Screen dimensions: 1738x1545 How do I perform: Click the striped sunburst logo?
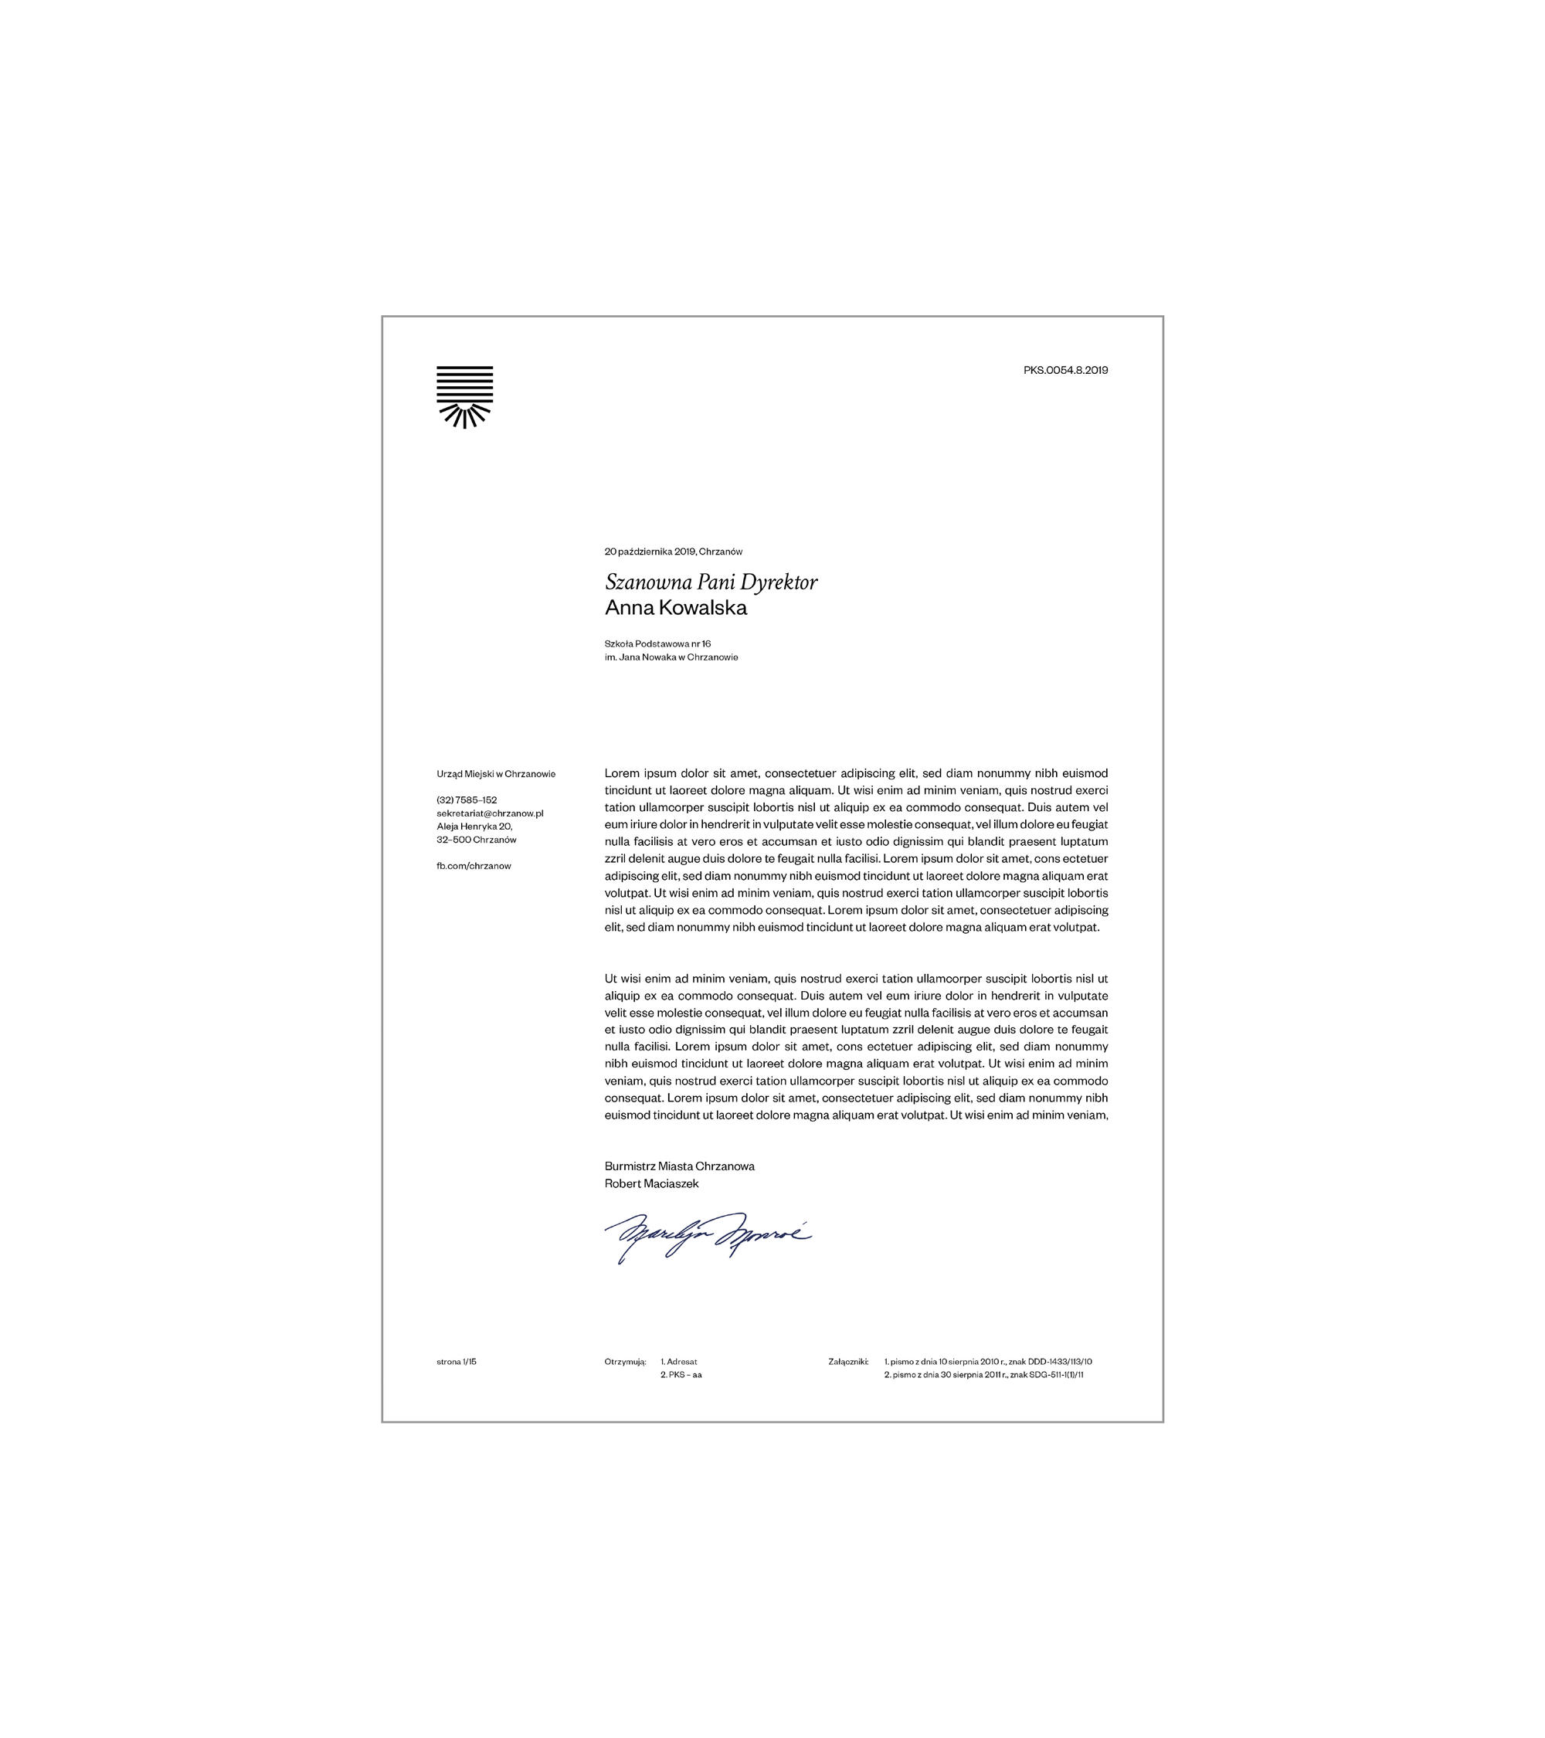tap(464, 396)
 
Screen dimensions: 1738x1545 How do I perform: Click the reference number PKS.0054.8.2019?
tap(1065, 370)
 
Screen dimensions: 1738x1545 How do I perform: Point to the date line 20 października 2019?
tap(673, 552)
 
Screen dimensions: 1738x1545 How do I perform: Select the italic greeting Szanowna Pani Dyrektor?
tap(711, 582)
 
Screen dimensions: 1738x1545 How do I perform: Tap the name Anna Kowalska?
tap(675, 608)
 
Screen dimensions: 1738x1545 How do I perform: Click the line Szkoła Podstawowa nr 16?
tap(657, 643)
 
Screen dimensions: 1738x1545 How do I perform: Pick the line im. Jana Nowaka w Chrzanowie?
tap(671, 657)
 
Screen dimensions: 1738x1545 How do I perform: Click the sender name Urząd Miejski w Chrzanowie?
tap(496, 774)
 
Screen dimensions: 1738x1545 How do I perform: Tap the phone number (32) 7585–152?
tap(467, 800)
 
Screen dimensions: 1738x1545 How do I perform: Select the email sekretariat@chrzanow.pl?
tap(490, 813)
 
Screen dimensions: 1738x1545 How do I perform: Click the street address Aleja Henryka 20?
tap(474, 827)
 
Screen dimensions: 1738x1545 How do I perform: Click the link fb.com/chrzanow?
tap(474, 866)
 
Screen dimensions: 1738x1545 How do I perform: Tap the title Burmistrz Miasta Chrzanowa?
tap(679, 1166)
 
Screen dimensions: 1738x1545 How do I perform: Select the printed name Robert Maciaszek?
tap(651, 1183)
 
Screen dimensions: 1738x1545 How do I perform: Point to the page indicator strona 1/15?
tap(457, 1361)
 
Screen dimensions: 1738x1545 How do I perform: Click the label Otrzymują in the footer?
tap(625, 1361)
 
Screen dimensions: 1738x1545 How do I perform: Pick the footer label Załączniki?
tap(847, 1361)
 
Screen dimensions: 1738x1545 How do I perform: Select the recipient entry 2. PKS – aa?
tap(681, 1375)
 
